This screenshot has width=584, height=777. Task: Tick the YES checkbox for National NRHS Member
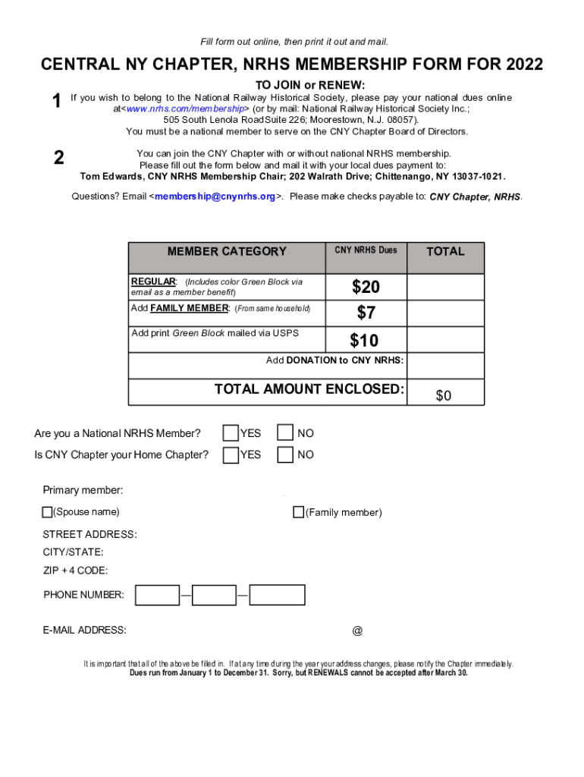pos(230,433)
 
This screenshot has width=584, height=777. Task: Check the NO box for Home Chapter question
pos(285,455)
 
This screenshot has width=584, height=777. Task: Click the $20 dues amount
pos(366,287)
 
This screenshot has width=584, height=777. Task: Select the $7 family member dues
pos(366,313)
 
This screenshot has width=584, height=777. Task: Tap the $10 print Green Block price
pos(364,340)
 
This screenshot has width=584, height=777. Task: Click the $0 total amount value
pos(444,395)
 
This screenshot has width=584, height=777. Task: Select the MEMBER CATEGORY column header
pos(227,251)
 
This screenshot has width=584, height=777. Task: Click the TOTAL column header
pos(445,251)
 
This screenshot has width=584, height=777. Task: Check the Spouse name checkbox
pos(47,512)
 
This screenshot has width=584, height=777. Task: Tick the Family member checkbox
pos(298,512)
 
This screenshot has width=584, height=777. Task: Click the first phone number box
pos(157,595)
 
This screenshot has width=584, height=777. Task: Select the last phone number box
pos(277,595)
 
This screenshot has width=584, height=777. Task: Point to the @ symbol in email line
pos(357,631)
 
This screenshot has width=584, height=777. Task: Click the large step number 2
pos(58,158)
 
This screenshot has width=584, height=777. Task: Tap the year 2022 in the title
pos(522,65)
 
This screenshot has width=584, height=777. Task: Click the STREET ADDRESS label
pos(89,535)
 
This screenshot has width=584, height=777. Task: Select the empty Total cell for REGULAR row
pos(445,287)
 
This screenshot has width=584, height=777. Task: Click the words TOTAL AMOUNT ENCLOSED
pos(309,389)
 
